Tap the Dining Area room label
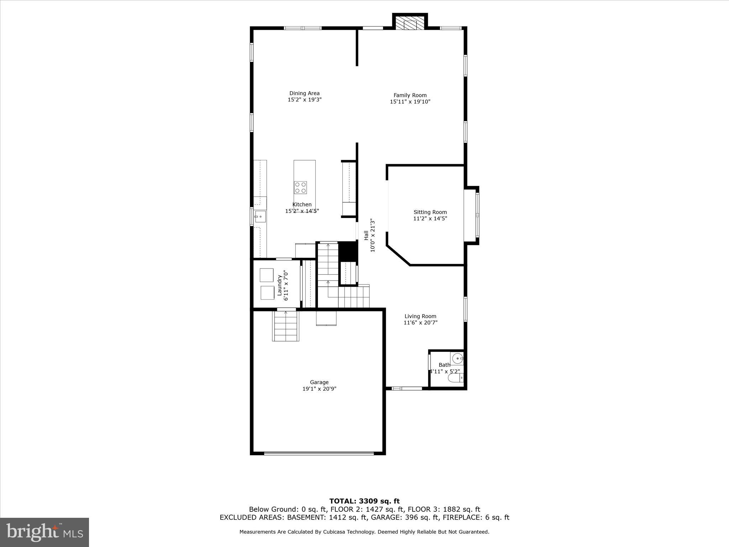(x=304, y=93)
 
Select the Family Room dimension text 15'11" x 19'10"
(x=410, y=101)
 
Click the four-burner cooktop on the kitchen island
(x=300, y=187)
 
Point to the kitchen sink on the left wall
(x=260, y=216)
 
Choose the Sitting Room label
(x=430, y=212)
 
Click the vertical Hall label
(x=366, y=235)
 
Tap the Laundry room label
(x=280, y=285)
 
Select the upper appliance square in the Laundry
(x=266, y=275)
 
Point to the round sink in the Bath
(x=456, y=358)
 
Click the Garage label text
(x=319, y=382)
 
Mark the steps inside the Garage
(x=286, y=326)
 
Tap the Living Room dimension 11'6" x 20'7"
(x=420, y=323)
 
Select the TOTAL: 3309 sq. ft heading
(x=364, y=501)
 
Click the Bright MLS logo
(x=44, y=532)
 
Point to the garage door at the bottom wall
(x=319, y=453)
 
